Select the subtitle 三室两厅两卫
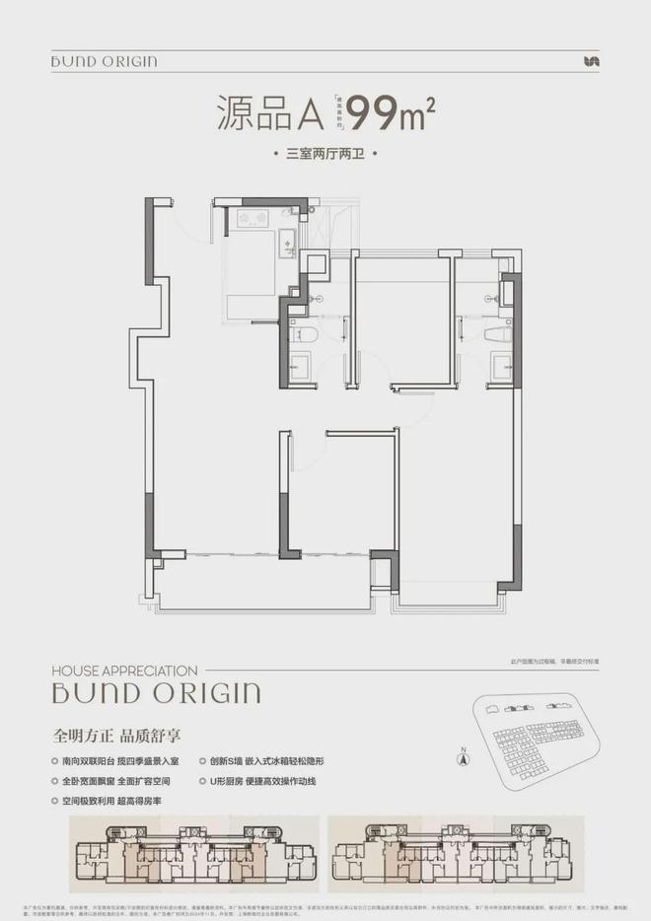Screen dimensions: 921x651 [325, 155]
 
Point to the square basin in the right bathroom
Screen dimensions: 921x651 [500, 368]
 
